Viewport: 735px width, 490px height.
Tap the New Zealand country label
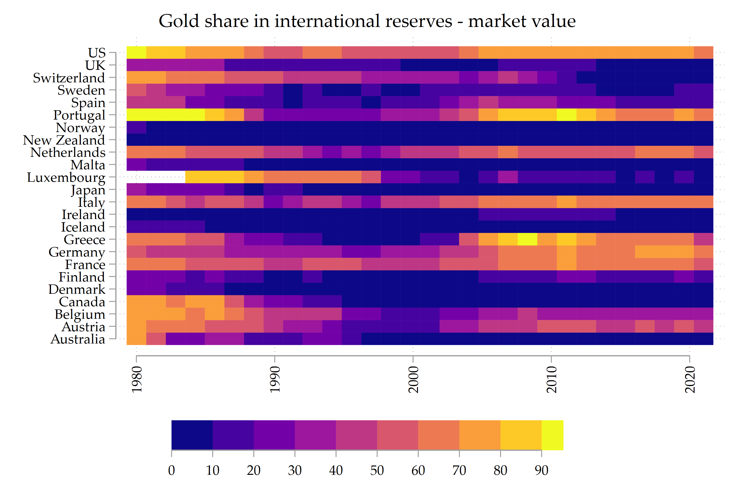[x=64, y=140]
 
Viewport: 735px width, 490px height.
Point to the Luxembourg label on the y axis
[x=66, y=177]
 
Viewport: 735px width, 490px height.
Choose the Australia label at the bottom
[x=78, y=339]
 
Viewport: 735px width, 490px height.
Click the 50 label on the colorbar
[x=377, y=470]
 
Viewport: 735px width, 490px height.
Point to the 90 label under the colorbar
[x=541, y=470]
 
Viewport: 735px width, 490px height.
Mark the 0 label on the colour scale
[x=171, y=470]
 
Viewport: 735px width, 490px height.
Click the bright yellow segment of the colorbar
[x=552, y=435]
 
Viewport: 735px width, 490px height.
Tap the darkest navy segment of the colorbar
[x=192, y=435]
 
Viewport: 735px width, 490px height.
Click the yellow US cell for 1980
[x=136, y=52]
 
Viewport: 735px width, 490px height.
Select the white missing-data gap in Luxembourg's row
[x=156, y=177]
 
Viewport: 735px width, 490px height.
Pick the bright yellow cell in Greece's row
[x=527, y=239]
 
